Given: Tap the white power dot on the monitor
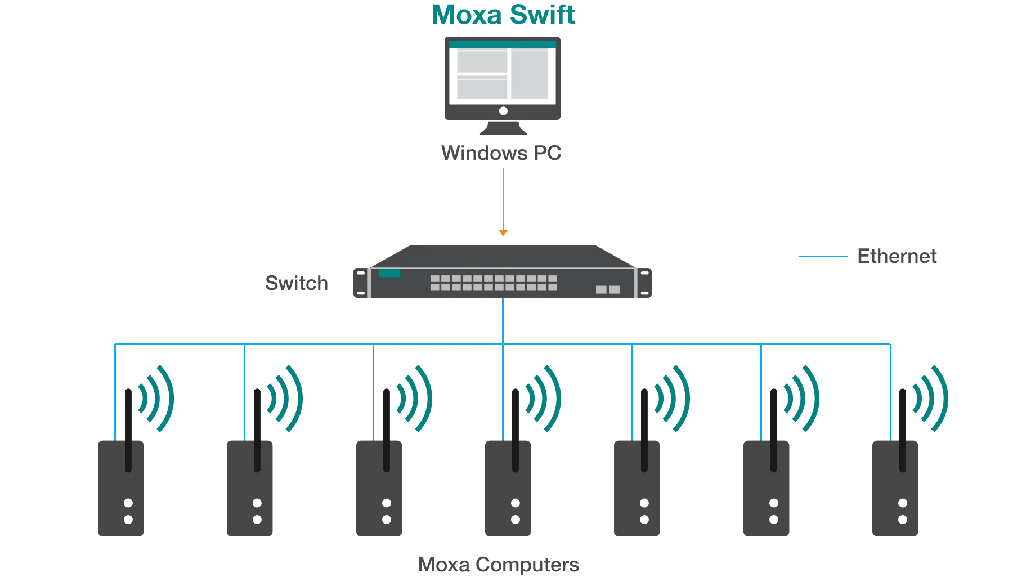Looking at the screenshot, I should [x=503, y=111].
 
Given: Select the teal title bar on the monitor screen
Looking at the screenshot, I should [x=503, y=44].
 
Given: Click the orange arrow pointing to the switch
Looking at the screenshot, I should [x=503, y=203].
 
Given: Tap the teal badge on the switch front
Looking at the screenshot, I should [x=389, y=274].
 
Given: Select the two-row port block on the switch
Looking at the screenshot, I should [x=494, y=283].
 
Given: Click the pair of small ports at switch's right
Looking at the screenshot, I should [x=608, y=289].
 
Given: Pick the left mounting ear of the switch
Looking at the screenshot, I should [x=361, y=283].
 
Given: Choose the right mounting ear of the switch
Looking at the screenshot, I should [x=644, y=283].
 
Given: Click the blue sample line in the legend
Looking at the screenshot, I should [x=823, y=257].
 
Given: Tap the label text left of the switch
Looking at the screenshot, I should [x=297, y=284].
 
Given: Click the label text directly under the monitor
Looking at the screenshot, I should [x=502, y=154].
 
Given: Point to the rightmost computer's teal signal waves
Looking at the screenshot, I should [x=931, y=398].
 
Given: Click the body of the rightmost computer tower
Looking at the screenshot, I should [x=894, y=501].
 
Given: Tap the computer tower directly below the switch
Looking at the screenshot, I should [x=507, y=501].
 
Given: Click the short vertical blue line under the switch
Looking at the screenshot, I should [x=503, y=321].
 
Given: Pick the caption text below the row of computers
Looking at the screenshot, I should [x=499, y=563].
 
